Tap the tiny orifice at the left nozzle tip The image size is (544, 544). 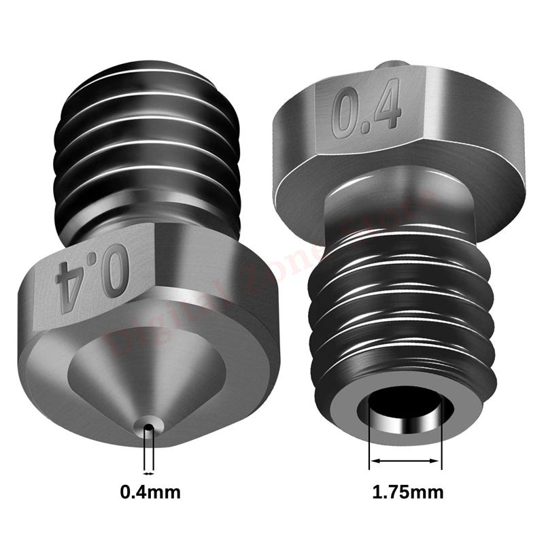click(x=150, y=428)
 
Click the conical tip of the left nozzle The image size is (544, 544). click(x=146, y=388)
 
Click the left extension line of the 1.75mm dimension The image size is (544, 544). click(x=369, y=442)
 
